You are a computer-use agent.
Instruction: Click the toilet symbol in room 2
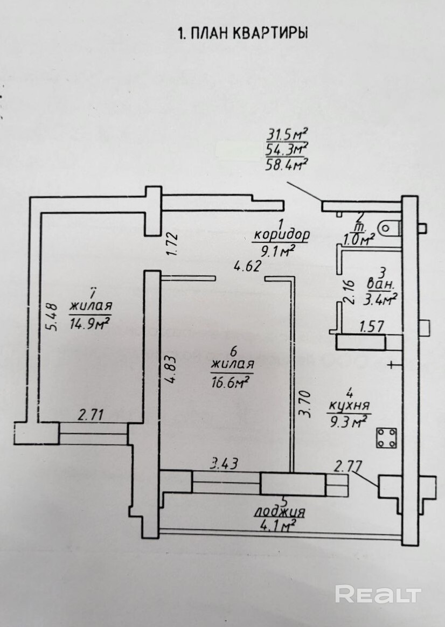click(x=389, y=228)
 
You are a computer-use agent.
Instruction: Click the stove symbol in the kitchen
click(x=386, y=437)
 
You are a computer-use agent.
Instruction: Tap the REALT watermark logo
click(x=378, y=594)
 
